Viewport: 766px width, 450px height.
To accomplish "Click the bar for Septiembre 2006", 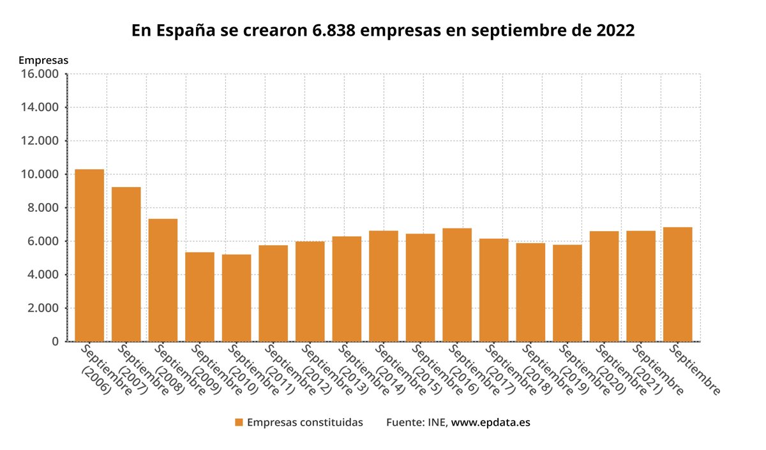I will click(89, 255).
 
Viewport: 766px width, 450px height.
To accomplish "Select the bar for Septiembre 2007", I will click(126, 264).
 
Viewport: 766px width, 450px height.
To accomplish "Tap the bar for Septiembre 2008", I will click(163, 280).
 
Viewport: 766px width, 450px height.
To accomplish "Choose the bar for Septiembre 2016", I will click(457, 285).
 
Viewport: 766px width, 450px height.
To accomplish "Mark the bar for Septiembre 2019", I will click(567, 293).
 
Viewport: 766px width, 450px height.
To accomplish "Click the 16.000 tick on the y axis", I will click(40, 74).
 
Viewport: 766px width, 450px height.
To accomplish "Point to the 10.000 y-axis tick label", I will click(40, 174).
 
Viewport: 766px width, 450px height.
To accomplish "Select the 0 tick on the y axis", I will click(56, 342).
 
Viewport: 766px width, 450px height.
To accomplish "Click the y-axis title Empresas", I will click(43, 60).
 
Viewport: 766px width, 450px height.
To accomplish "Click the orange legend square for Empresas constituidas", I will click(239, 423).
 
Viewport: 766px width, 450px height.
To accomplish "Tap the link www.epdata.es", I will click(491, 423).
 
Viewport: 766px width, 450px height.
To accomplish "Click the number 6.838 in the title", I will click(331, 31).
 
